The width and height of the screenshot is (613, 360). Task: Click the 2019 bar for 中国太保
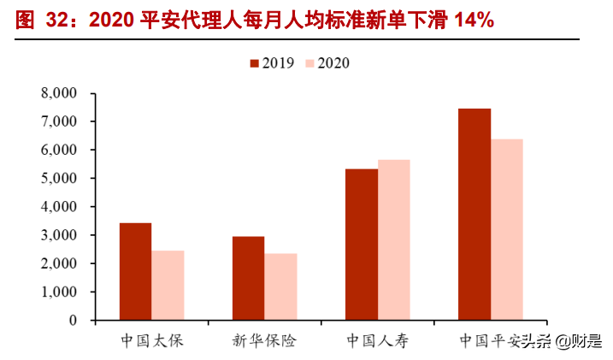coord(135,271)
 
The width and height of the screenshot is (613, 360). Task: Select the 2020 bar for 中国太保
coord(168,286)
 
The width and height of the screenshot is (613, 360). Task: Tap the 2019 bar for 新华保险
coord(248,278)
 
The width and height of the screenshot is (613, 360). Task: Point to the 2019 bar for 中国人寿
coord(362,245)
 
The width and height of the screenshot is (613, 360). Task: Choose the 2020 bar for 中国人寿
coord(394,239)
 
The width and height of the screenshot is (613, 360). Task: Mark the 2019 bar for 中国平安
coord(474,214)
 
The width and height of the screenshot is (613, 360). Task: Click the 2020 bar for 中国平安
coord(507,229)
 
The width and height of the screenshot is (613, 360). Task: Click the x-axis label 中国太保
coord(152,341)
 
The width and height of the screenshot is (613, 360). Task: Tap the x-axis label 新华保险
coord(264,341)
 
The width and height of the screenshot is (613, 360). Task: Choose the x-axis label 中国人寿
coord(378,341)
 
